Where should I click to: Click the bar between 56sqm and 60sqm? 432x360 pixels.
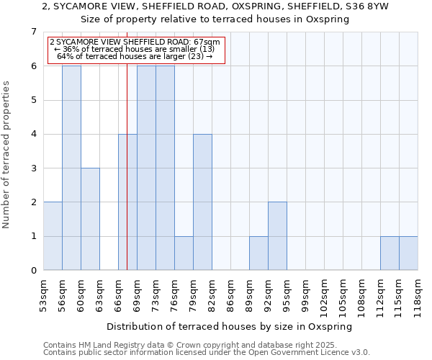click(x=71, y=168)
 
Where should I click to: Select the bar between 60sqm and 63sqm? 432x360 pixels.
click(x=90, y=219)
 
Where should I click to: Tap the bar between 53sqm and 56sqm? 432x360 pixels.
click(x=53, y=236)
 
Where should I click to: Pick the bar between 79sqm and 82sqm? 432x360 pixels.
click(x=202, y=202)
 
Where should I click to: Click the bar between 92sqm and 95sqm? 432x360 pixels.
click(x=277, y=236)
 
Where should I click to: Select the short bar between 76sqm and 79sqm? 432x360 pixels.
click(x=184, y=253)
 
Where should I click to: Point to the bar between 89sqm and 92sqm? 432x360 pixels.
click(x=258, y=253)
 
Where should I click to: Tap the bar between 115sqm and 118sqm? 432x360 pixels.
click(x=408, y=253)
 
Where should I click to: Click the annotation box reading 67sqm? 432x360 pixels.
click(x=136, y=49)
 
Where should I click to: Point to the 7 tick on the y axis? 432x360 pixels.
click(x=33, y=32)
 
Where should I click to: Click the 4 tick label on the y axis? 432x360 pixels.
click(x=33, y=134)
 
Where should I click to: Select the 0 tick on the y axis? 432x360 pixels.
click(x=33, y=271)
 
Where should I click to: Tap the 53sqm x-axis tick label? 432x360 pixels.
click(x=43, y=292)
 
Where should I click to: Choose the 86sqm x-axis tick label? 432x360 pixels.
click(x=230, y=292)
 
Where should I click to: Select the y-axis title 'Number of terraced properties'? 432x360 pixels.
click(x=7, y=154)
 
